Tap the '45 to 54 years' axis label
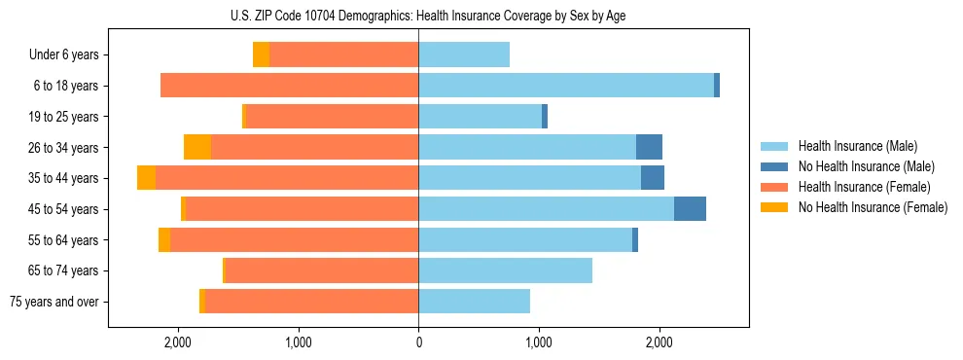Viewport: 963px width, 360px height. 64,209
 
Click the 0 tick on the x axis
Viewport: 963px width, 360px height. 418,342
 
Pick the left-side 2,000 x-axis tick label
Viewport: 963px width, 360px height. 178,342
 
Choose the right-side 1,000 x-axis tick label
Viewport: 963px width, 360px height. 539,342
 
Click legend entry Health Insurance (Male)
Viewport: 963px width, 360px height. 857,146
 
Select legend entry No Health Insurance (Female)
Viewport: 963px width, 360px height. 873,207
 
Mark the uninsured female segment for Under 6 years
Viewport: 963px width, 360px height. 261,54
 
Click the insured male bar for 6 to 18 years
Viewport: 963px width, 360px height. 566,86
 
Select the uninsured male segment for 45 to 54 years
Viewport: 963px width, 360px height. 690,209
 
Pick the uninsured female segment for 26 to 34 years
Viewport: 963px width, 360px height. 197,148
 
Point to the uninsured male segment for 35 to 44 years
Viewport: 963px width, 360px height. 653,178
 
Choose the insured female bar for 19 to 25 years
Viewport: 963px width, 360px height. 332,117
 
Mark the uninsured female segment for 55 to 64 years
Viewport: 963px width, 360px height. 164,240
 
